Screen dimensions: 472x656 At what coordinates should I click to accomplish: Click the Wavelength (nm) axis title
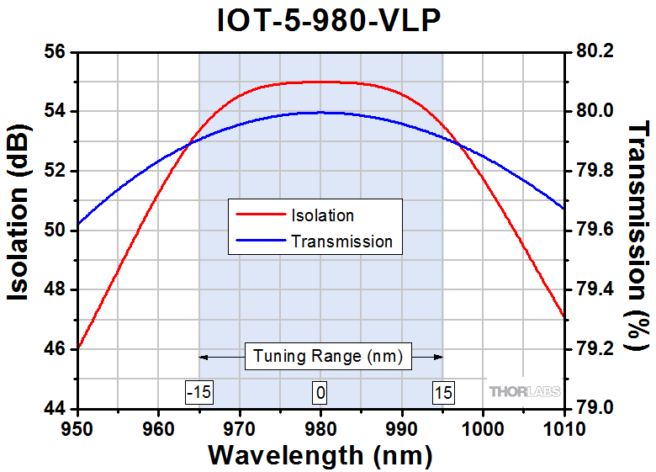click(320, 455)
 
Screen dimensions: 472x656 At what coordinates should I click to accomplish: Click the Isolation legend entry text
click(322, 216)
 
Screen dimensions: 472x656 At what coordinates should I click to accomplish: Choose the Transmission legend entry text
click(341, 241)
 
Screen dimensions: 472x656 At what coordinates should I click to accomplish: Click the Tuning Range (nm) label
click(320, 357)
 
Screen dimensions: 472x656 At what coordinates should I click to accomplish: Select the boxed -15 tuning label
click(198, 392)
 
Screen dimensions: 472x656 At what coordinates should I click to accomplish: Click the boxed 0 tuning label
click(320, 392)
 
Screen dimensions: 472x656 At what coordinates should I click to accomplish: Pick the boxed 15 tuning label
click(442, 392)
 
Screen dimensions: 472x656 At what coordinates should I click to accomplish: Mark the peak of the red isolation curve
click(320, 82)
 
